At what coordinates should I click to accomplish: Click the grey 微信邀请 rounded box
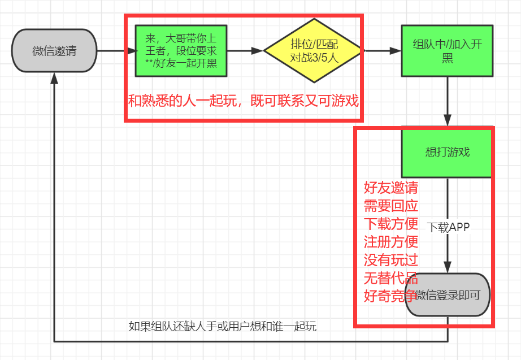(54, 50)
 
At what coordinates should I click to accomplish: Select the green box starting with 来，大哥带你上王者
(181, 50)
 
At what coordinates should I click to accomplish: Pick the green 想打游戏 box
(448, 152)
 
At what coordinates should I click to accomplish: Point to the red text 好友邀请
(391, 188)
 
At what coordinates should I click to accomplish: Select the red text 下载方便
(391, 224)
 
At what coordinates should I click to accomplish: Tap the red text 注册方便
(391, 242)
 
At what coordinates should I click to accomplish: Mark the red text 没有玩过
(391, 260)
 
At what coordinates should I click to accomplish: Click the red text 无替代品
(391, 278)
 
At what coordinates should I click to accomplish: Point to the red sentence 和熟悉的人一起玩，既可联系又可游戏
(243, 101)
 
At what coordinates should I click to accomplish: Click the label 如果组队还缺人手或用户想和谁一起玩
(223, 326)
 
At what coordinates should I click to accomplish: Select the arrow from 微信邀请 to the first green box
(116, 50)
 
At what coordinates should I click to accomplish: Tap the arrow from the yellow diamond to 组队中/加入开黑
(381, 50)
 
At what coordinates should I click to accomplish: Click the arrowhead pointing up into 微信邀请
(54, 79)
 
